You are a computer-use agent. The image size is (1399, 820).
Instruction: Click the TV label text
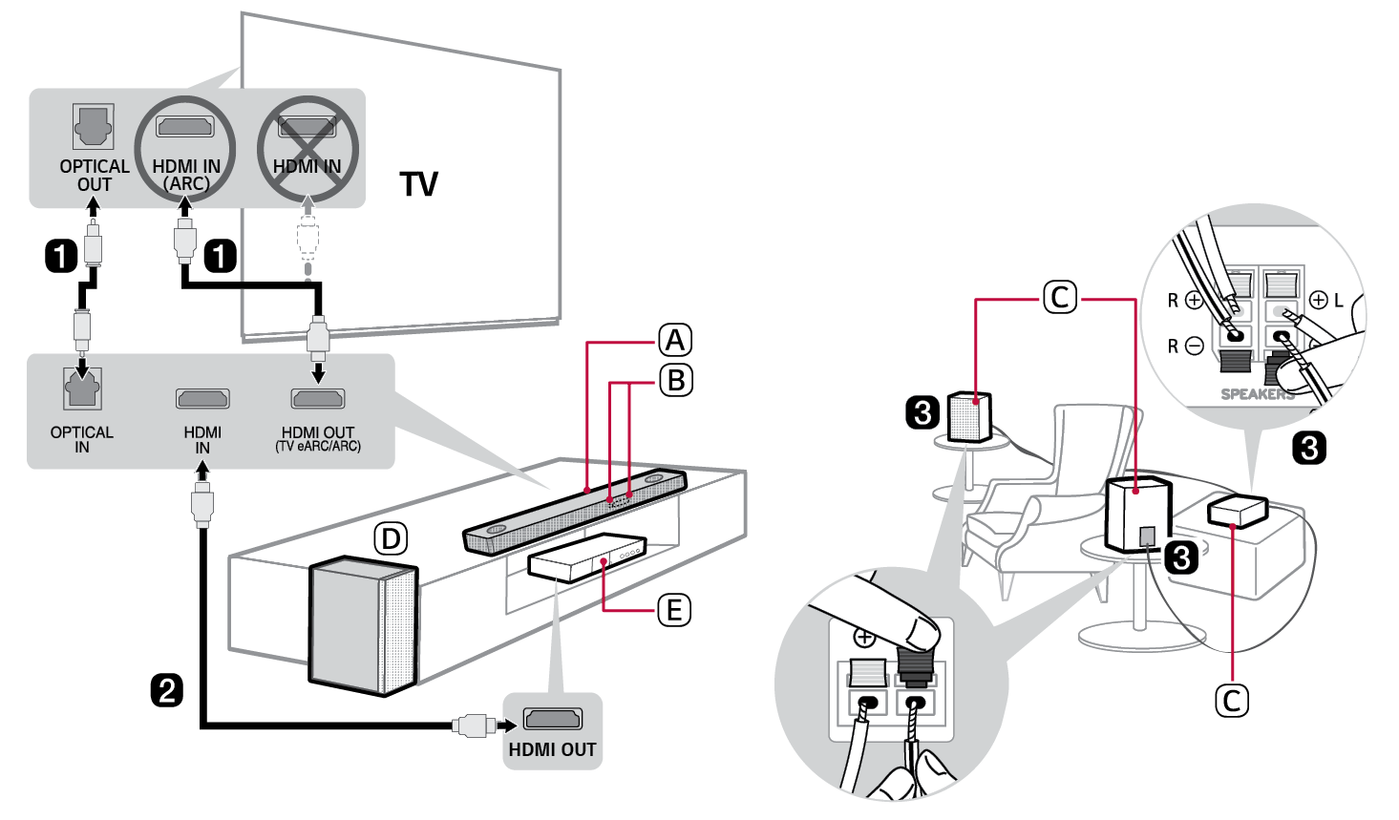[418, 183]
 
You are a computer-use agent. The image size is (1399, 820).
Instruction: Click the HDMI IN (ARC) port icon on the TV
[185, 126]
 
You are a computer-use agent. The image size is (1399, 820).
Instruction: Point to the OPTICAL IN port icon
[82, 389]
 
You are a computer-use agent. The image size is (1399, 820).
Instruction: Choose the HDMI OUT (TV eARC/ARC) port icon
[318, 398]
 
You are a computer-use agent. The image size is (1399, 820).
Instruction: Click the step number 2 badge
[167, 689]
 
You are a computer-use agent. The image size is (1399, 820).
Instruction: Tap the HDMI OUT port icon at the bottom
[552, 719]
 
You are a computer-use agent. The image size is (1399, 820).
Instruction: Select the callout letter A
[675, 340]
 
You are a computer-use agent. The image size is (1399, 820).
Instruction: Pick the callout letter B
[675, 380]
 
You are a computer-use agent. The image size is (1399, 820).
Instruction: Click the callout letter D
[390, 539]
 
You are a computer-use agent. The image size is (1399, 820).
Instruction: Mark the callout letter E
[674, 609]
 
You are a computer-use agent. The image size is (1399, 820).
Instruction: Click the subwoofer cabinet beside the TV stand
[363, 625]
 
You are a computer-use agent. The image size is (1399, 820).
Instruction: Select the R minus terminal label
[1184, 346]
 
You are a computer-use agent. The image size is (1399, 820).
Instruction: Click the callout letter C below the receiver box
[1231, 701]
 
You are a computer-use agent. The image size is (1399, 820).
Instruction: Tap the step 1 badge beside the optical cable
[62, 256]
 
